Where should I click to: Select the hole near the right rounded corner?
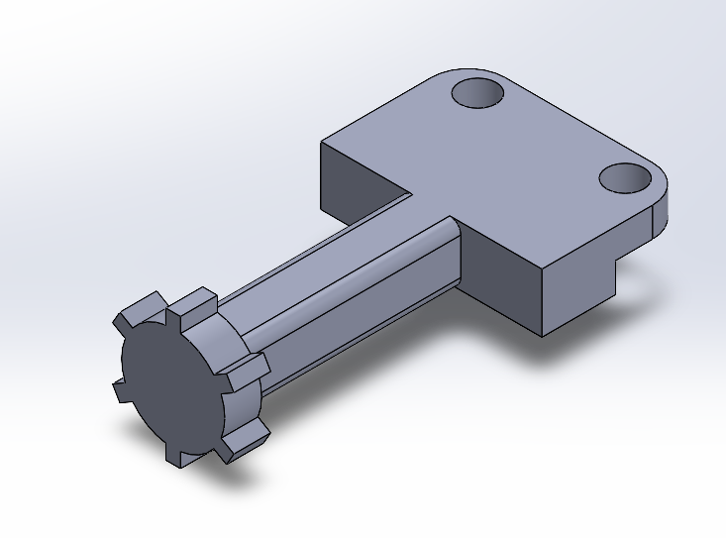click(x=625, y=178)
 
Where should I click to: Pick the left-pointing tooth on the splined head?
click(x=119, y=389)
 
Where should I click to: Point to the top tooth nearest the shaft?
click(x=199, y=297)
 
